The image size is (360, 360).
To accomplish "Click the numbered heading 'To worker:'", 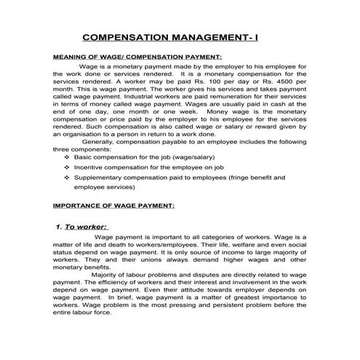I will click(x=87, y=227).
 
